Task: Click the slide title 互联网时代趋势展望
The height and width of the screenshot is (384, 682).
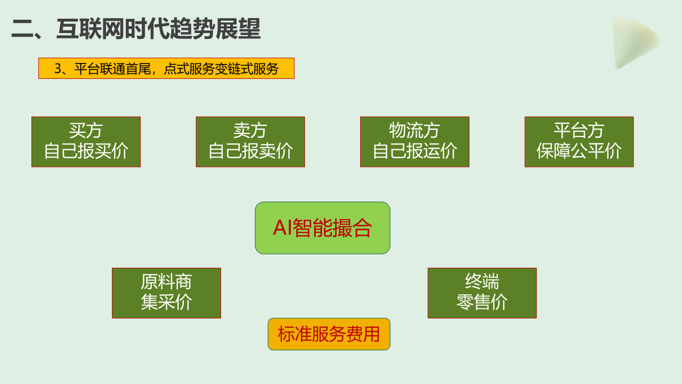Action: tap(158, 29)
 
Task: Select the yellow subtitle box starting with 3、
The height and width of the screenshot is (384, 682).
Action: tap(166, 68)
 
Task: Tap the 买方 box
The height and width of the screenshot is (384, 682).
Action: tap(86, 142)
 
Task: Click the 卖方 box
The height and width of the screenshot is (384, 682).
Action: tap(250, 142)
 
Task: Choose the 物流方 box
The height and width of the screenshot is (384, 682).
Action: tap(415, 142)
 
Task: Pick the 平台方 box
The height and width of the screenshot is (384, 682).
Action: tap(579, 142)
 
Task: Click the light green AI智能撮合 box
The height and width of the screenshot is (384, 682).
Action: tap(322, 228)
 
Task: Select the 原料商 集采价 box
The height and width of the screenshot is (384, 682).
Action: tap(166, 293)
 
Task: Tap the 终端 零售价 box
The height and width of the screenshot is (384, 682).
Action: tap(482, 293)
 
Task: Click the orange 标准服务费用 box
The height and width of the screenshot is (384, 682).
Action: tap(329, 334)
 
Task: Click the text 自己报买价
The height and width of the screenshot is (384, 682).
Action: tap(86, 151)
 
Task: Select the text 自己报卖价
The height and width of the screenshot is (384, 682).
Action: tap(250, 151)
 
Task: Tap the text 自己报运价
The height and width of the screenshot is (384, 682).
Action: tap(415, 151)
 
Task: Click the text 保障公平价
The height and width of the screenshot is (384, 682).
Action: tap(579, 151)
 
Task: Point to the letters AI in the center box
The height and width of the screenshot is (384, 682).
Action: tap(282, 228)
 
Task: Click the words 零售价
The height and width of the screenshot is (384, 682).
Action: tap(482, 302)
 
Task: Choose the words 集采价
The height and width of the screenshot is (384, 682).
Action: tap(166, 302)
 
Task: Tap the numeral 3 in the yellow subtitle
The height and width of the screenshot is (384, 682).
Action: tap(58, 69)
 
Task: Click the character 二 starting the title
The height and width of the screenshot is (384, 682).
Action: tap(22, 29)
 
